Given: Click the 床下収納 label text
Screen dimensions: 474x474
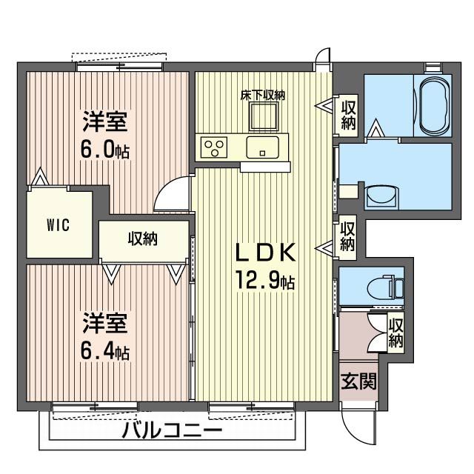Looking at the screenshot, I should (263, 95).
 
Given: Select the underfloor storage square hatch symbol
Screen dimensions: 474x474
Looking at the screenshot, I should (263, 116).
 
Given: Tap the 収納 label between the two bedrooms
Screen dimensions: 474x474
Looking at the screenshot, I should (144, 239).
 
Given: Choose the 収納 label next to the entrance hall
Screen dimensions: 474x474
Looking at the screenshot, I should (396, 333).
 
